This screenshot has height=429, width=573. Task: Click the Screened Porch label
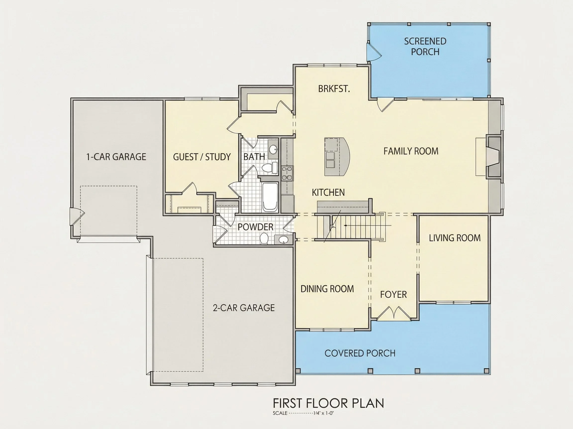coord(425,46)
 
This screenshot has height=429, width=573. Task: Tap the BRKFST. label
coord(334,89)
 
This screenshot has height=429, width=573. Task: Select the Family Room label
coord(411,151)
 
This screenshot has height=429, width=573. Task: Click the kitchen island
coord(337,157)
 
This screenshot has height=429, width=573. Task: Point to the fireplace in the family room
coord(493,157)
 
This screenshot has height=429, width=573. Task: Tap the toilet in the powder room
coord(264,238)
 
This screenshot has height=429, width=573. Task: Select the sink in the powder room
coord(284,240)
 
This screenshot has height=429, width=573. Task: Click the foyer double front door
coord(393,313)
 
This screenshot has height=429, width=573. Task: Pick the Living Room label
coord(455,238)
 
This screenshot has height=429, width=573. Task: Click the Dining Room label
coord(327,289)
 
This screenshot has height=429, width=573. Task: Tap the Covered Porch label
coord(360,353)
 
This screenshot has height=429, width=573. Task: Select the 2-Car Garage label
coord(244,308)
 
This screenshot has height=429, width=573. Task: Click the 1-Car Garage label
coord(116,157)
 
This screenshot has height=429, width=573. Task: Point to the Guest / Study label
coord(202,157)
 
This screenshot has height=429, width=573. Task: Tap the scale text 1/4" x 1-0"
coord(324,413)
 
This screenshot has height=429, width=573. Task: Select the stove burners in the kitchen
coord(287,173)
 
